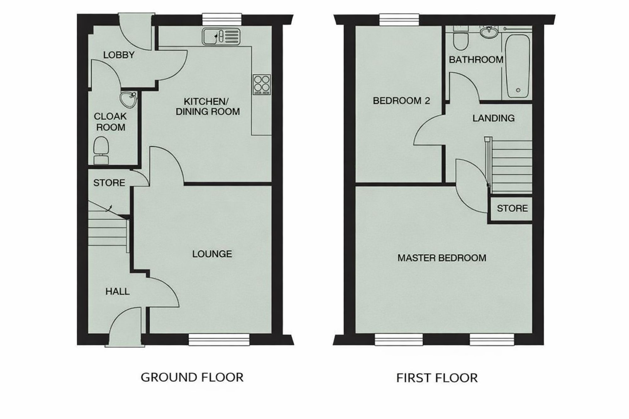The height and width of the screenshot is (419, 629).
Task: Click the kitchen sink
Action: coord(221,36)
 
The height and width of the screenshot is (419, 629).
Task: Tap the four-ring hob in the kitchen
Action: coord(262,85)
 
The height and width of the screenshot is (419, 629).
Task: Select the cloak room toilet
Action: coord(101,151)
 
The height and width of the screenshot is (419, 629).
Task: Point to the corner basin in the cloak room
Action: coord(128,99)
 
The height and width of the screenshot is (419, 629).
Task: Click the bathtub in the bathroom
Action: coord(517,66)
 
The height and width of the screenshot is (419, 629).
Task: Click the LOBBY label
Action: coord(119,55)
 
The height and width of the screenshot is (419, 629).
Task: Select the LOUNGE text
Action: coord(212,254)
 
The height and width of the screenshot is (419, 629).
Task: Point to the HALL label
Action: coord(117,292)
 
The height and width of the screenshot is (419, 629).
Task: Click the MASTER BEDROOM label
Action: coord(442,258)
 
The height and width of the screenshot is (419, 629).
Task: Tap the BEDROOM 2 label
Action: coord(401,101)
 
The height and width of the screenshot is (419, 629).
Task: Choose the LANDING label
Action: coord(493,118)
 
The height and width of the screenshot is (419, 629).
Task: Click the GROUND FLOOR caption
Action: coord(192,377)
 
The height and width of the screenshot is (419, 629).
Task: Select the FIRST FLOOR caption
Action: coord(437,378)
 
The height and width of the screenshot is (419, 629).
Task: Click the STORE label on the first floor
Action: coord(512,208)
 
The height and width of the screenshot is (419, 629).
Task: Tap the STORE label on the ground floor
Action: coord(109,183)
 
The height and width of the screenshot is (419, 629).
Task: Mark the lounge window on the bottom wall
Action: coord(219,339)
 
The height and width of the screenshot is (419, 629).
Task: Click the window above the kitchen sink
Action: coord(222,19)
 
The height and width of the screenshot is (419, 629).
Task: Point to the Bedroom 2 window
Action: coord(399,19)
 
